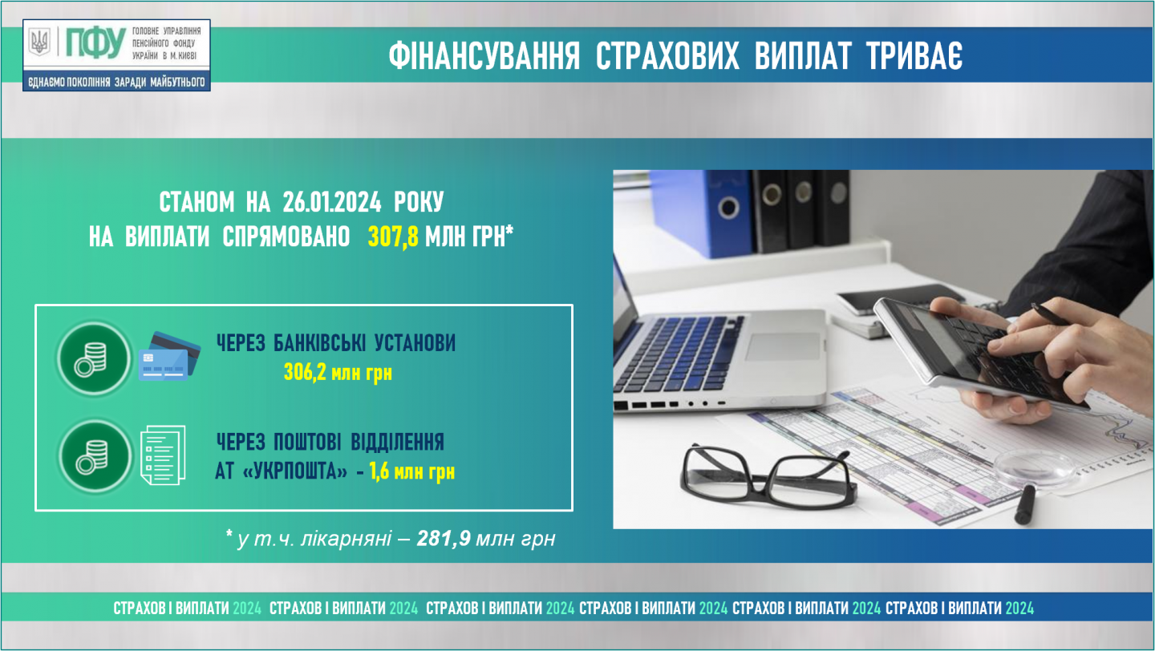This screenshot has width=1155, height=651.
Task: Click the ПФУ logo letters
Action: point(96,42)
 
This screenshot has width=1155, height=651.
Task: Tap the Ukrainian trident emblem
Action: point(40,42)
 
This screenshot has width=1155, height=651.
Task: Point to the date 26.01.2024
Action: point(332,201)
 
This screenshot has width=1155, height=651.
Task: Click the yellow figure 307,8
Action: point(393,237)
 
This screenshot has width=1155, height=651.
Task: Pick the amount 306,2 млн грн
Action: point(338,372)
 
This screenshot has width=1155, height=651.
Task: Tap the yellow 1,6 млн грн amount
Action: point(412,471)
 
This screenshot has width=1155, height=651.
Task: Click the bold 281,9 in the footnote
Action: point(444,538)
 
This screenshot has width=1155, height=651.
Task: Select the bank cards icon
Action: point(170,356)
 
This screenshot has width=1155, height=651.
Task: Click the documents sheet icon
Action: point(163,455)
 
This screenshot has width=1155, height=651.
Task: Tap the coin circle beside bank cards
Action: point(95,358)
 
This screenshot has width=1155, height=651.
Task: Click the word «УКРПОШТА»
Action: point(294,471)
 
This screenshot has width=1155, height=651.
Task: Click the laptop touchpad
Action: point(783,346)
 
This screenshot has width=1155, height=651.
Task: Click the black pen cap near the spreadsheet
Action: point(1026,506)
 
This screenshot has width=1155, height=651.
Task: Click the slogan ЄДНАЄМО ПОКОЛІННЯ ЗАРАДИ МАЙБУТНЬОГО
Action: point(116,82)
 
